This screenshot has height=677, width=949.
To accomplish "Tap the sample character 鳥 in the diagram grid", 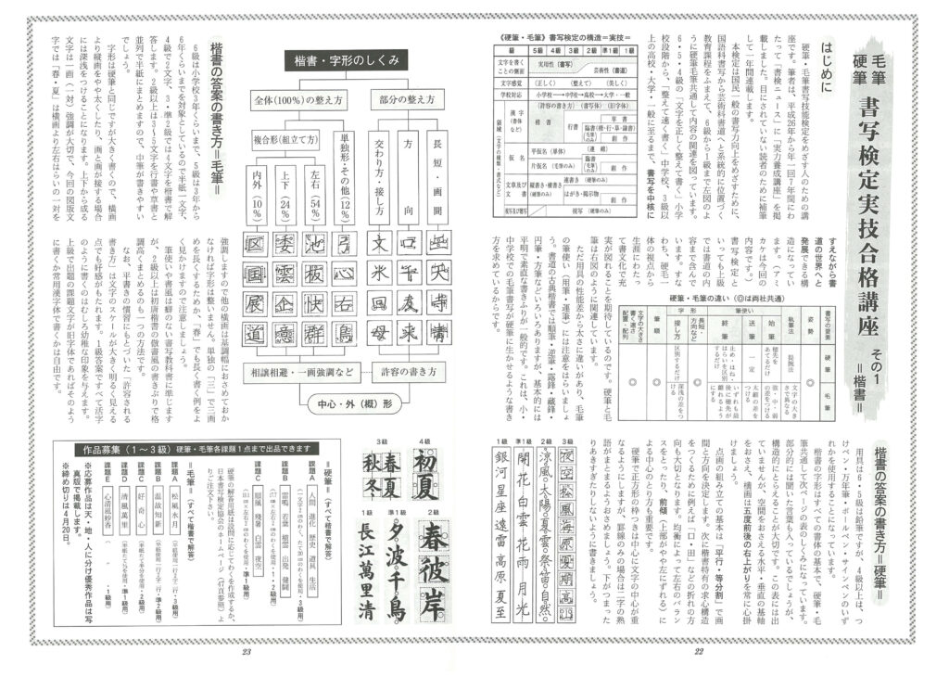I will click(x=345, y=333).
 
